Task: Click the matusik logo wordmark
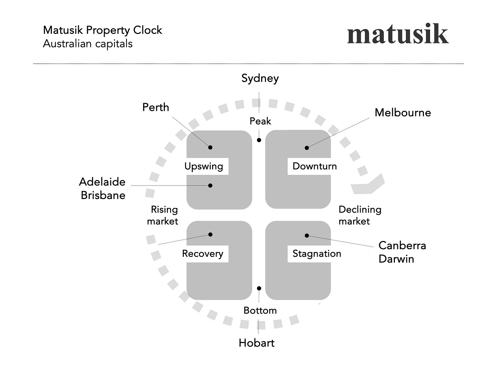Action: click(x=398, y=34)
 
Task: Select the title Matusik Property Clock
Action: click(x=103, y=30)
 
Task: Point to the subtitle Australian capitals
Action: click(x=88, y=44)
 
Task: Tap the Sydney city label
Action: click(x=260, y=78)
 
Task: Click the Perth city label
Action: click(x=155, y=107)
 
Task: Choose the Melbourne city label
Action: click(x=403, y=112)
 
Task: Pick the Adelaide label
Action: click(x=102, y=182)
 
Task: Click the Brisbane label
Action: click(x=103, y=195)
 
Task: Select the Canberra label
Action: click(x=402, y=245)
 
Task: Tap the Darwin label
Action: click(x=396, y=259)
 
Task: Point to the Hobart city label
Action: click(x=256, y=343)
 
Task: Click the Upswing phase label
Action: click(x=204, y=166)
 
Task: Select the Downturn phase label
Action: click(x=314, y=166)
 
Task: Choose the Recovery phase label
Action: click(x=203, y=254)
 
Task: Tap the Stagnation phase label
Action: click(x=317, y=254)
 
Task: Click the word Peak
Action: click(x=260, y=121)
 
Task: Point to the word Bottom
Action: click(x=260, y=310)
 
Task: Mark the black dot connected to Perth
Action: click(x=210, y=147)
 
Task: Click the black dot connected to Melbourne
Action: click(x=307, y=148)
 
